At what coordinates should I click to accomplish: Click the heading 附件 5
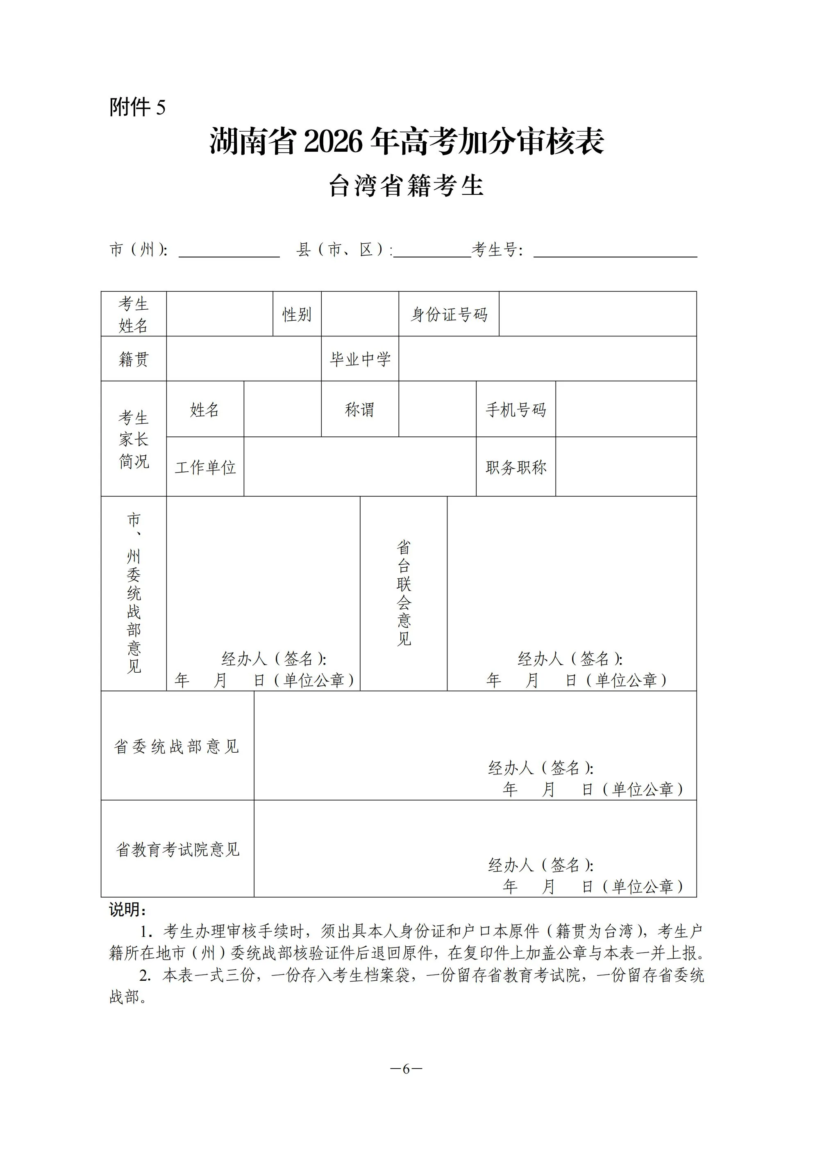pyautogui.click(x=137, y=107)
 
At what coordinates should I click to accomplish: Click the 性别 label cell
pyautogui.click(x=297, y=314)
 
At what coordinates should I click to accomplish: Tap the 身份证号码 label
pyautogui.click(x=449, y=314)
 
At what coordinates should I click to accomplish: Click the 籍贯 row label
pyautogui.click(x=133, y=359)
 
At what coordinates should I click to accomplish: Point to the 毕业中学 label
pyautogui.click(x=360, y=359)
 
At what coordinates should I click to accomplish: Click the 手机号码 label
pyautogui.click(x=516, y=409)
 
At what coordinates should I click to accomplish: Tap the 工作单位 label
pyautogui.click(x=205, y=467)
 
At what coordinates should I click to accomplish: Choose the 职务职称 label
pyautogui.click(x=516, y=467)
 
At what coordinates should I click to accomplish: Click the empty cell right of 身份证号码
pyautogui.click(x=597, y=314)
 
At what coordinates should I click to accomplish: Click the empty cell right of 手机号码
pyautogui.click(x=626, y=409)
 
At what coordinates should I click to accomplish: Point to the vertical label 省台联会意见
pyautogui.click(x=403, y=593)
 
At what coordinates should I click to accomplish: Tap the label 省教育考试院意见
pyautogui.click(x=177, y=849)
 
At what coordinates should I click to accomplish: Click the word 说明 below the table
pyautogui.click(x=127, y=909)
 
